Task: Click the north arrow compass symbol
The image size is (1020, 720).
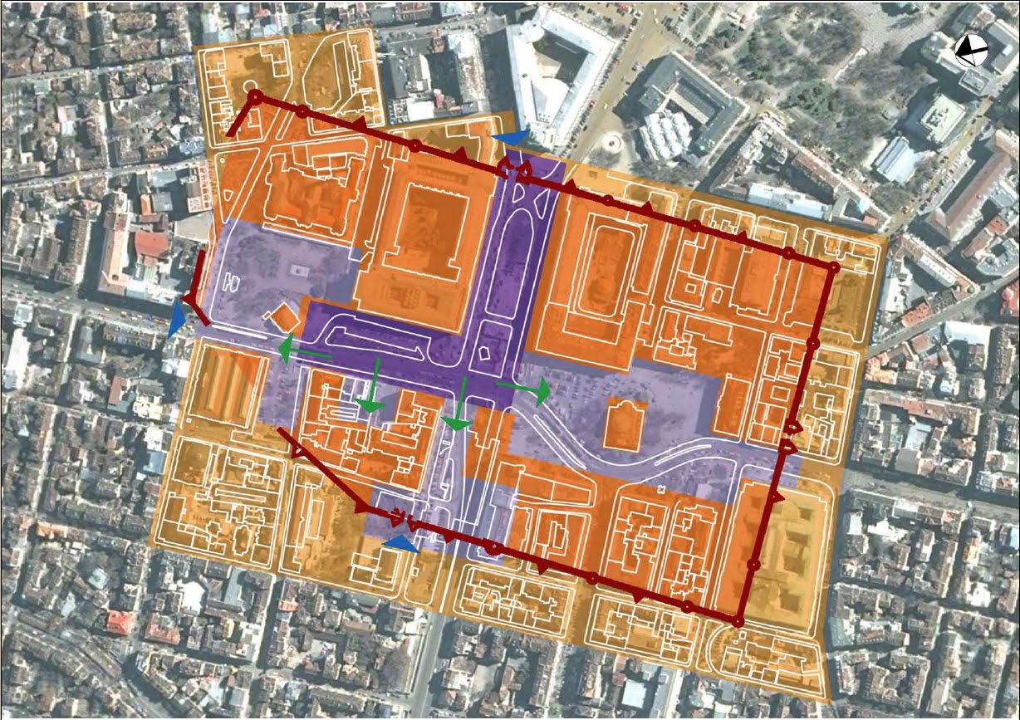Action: [x=969, y=51]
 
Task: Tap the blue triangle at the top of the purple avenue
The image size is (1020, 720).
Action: [x=508, y=138]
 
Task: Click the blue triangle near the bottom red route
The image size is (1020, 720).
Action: [x=401, y=543]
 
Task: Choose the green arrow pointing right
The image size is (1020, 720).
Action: [x=523, y=388]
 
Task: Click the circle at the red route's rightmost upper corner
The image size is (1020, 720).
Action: [x=832, y=267]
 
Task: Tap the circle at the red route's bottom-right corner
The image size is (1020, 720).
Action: [x=738, y=620]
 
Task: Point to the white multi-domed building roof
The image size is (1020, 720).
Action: [x=669, y=131]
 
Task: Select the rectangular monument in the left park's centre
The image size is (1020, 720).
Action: [x=297, y=271]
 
